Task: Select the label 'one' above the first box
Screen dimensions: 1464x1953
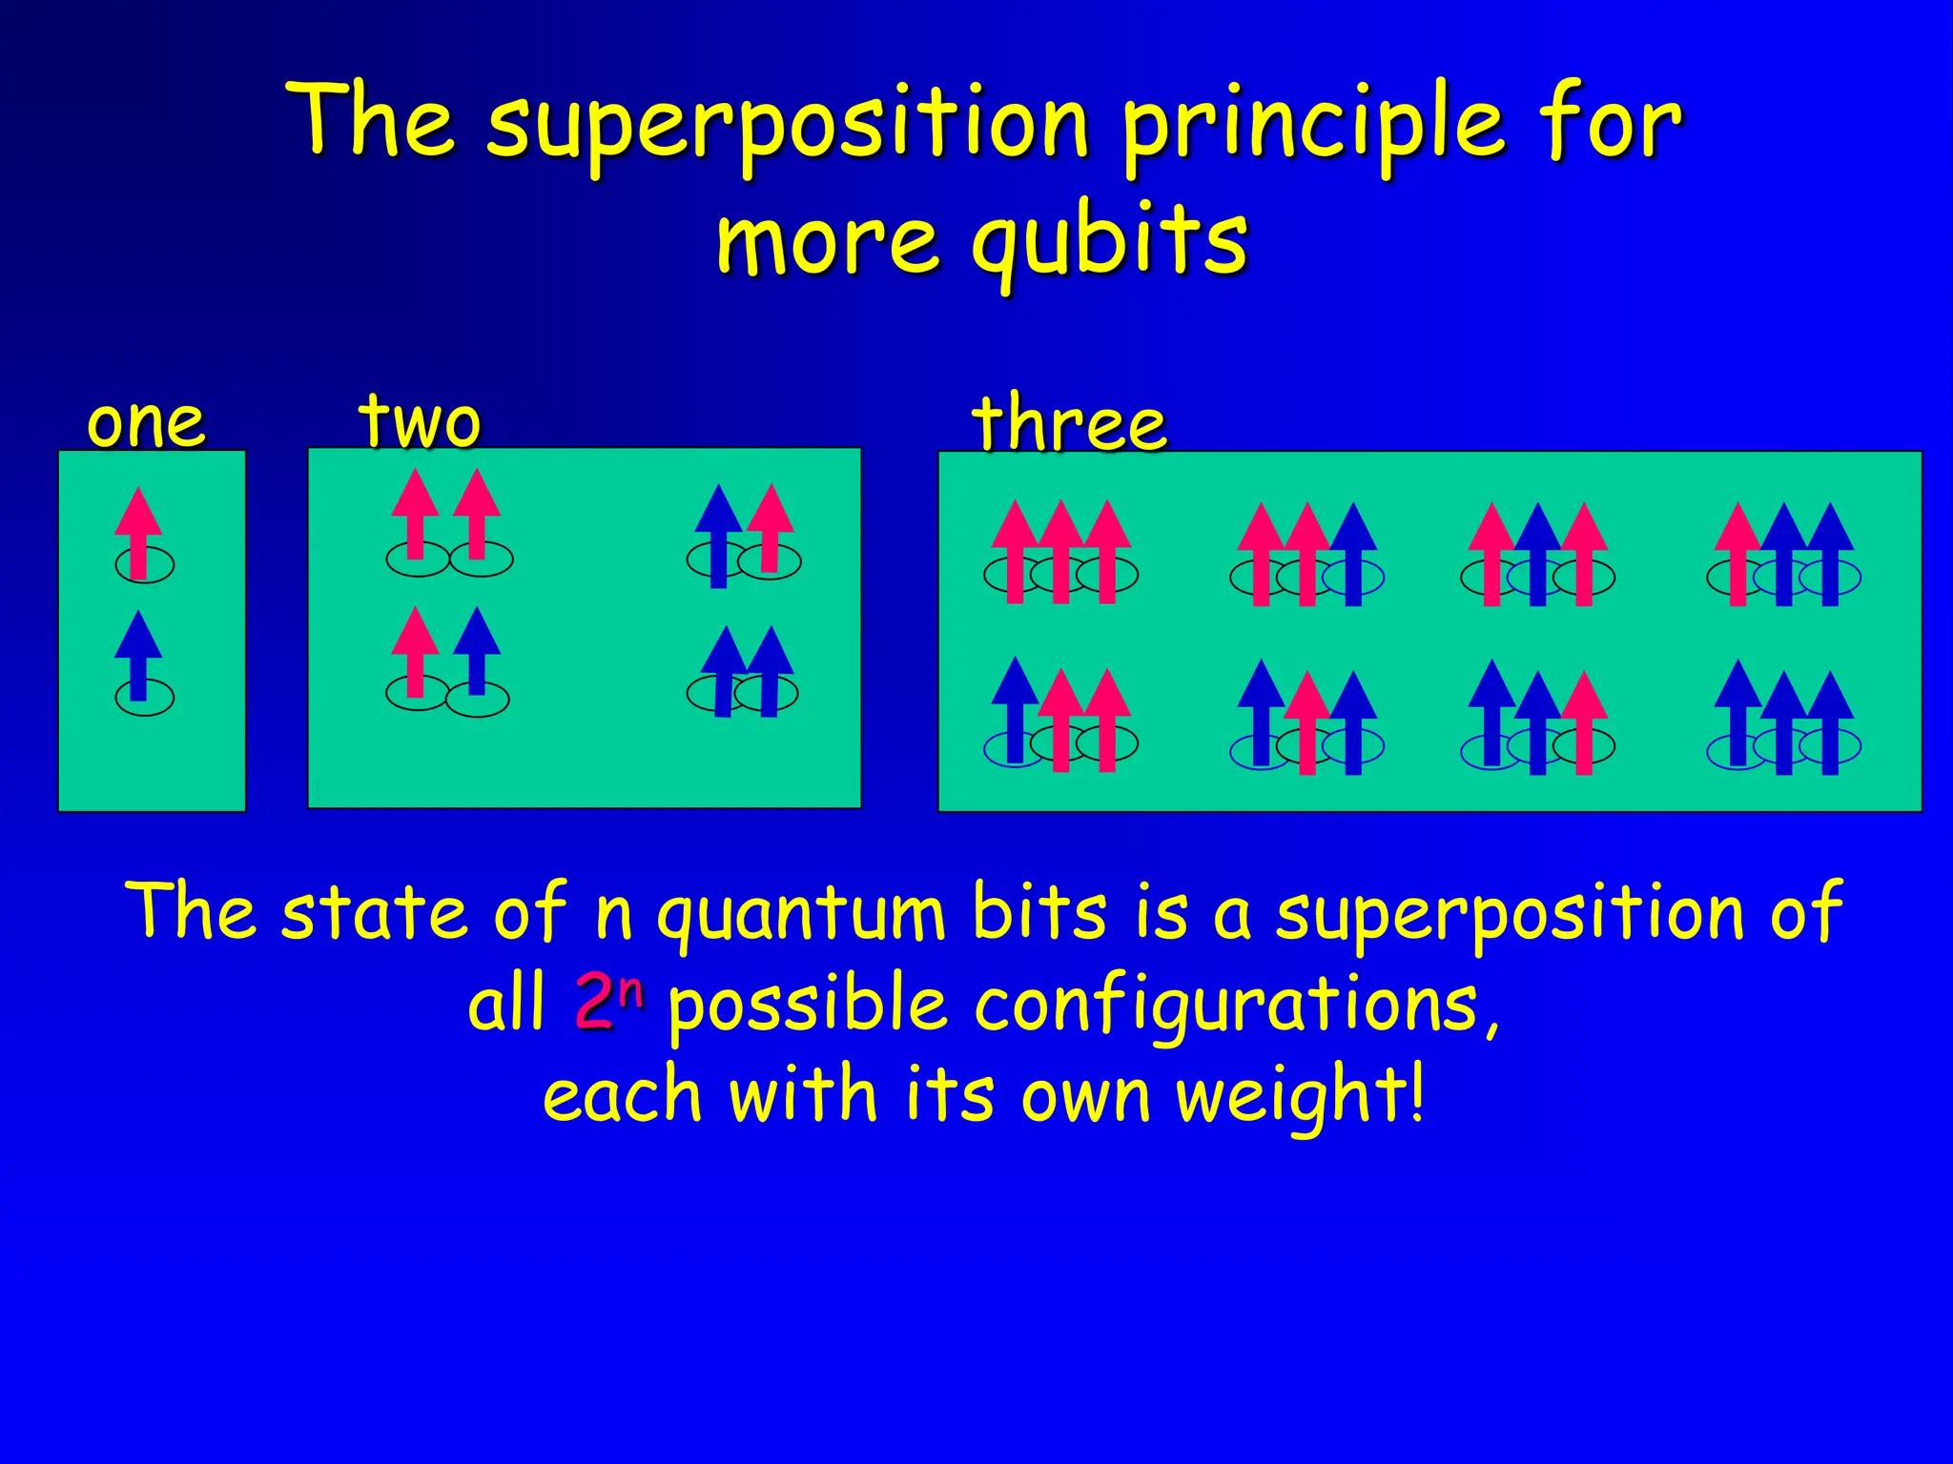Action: coord(146,423)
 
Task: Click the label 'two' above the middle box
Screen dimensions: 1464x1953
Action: coord(420,421)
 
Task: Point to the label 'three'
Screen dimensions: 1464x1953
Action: coord(1068,424)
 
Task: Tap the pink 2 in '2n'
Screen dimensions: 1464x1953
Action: coord(593,1005)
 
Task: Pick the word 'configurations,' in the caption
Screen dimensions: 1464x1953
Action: coord(1237,1006)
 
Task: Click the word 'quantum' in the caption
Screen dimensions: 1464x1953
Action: coord(801,913)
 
